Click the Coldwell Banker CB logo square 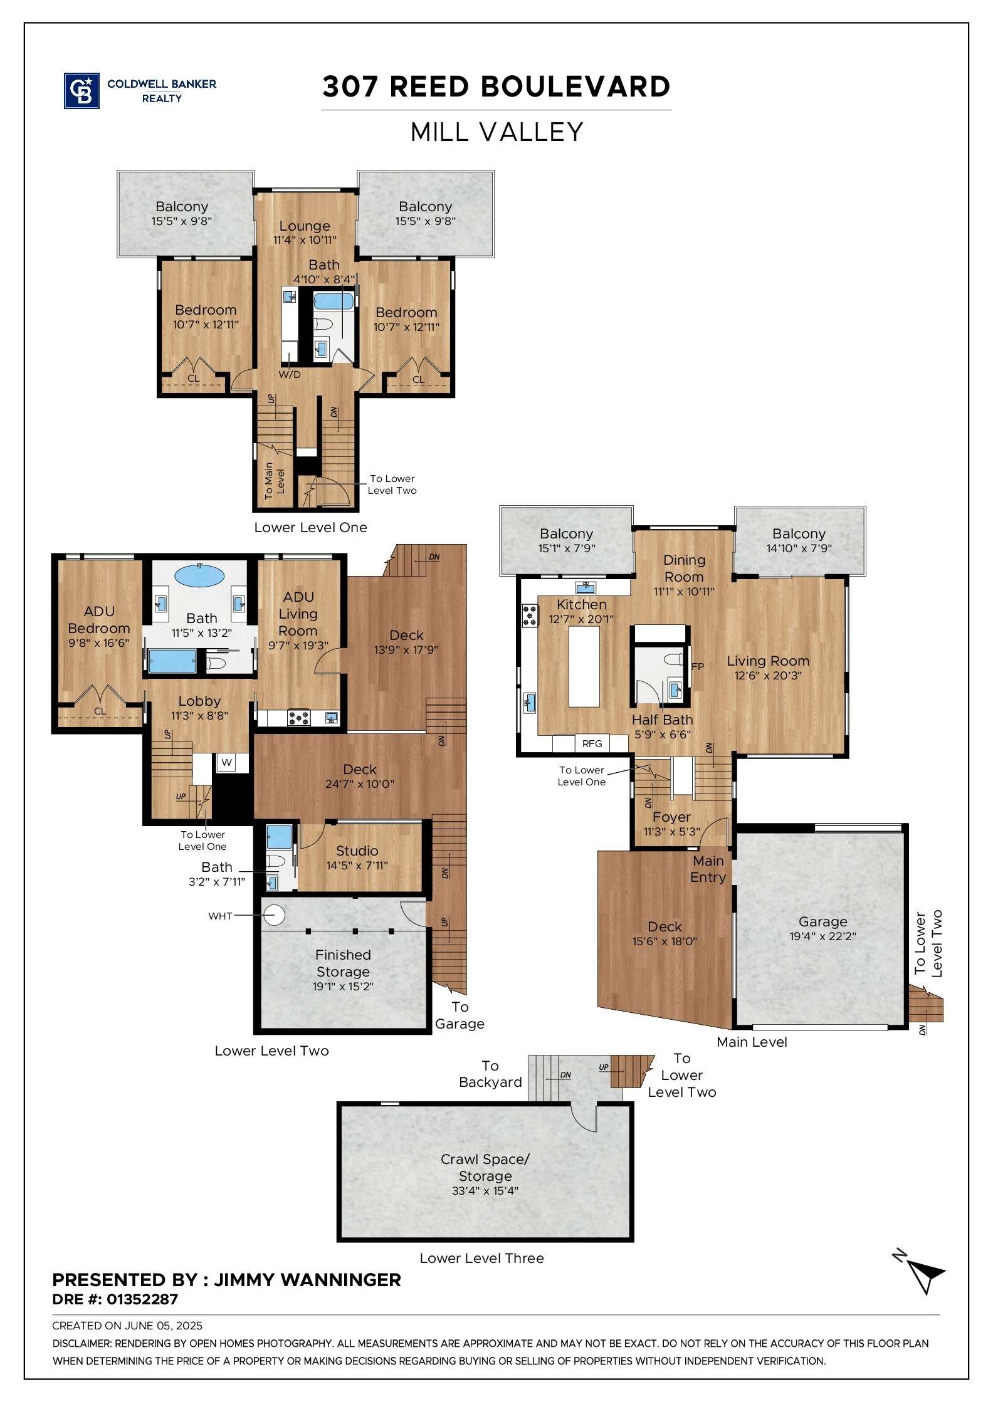pyautogui.click(x=81, y=91)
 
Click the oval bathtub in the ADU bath pyautogui.click(x=199, y=575)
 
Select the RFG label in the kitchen pyautogui.click(x=592, y=743)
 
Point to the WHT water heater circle pyautogui.click(x=273, y=915)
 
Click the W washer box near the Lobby pyautogui.click(x=227, y=763)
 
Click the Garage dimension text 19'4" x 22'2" pyautogui.click(x=822, y=936)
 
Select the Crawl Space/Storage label pyautogui.click(x=485, y=1168)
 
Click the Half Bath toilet pyautogui.click(x=673, y=659)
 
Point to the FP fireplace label pyautogui.click(x=698, y=666)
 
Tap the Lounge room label pyautogui.click(x=305, y=226)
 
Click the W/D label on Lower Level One pyautogui.click(x=290, y=375)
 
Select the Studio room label pyautogui.click(x=357, y=851)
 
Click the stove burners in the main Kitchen pyautogui.click(x=530, y=615)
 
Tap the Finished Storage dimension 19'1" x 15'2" pyautogui.click(x=343, y=986)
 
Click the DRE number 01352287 pyautogui.click(x=142, y=1299)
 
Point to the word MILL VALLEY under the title pyautogui.click(x=497, y=132)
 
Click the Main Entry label pyautogui.click(x=708, y=869)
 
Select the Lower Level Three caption pyautogui.click(x=481, y=1258)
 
